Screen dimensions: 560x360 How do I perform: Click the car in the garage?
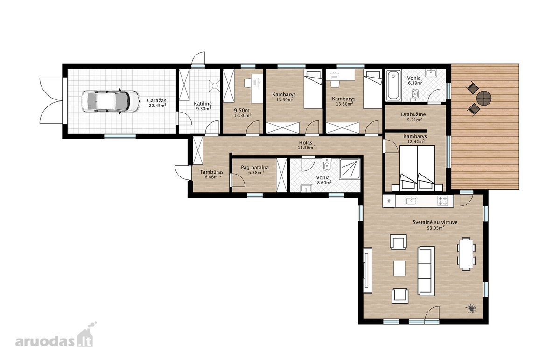coord(111,101)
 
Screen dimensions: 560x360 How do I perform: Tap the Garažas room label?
coord(156,100)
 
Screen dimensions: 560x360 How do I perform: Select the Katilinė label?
coord(203,103)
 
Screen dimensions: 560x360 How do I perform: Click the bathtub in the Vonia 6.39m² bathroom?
coord(393,85)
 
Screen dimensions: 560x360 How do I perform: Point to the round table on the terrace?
coord(484,98)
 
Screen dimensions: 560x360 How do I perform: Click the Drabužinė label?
coord(413,114)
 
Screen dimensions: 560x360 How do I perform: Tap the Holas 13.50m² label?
coord(306,145)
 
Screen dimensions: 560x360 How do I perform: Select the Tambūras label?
coord(211,172)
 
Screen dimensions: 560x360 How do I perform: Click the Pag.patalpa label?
coord(255,167)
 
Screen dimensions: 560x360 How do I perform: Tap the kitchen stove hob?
coord(442,201)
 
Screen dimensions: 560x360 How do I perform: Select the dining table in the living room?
coord(466,254)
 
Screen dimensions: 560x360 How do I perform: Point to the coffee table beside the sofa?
coord(399,268)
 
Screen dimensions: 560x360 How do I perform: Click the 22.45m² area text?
coord(158,106)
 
